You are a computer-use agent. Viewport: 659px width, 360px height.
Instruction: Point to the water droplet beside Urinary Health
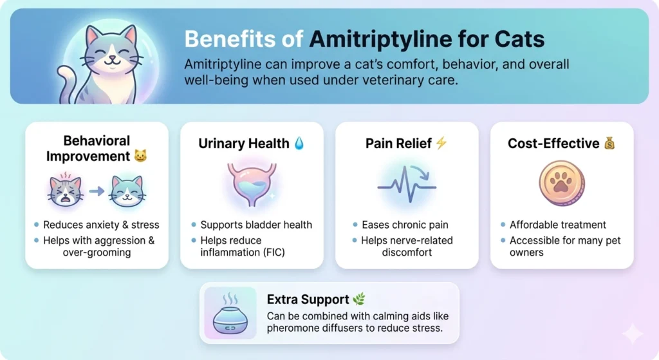[x=299, y=144]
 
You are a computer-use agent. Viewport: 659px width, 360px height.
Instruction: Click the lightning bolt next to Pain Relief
[x=441, y=143]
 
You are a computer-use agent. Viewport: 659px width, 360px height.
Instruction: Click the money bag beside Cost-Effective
[x=610, y=144]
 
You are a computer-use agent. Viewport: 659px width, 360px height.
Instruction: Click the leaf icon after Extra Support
[x=359, y=299]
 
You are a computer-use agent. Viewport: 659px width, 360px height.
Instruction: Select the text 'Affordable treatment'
[x=558, y=225]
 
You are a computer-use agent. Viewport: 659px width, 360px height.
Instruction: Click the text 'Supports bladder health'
[x=256, y=225]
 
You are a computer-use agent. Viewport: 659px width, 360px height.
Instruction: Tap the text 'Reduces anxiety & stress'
[x=101, y=225]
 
